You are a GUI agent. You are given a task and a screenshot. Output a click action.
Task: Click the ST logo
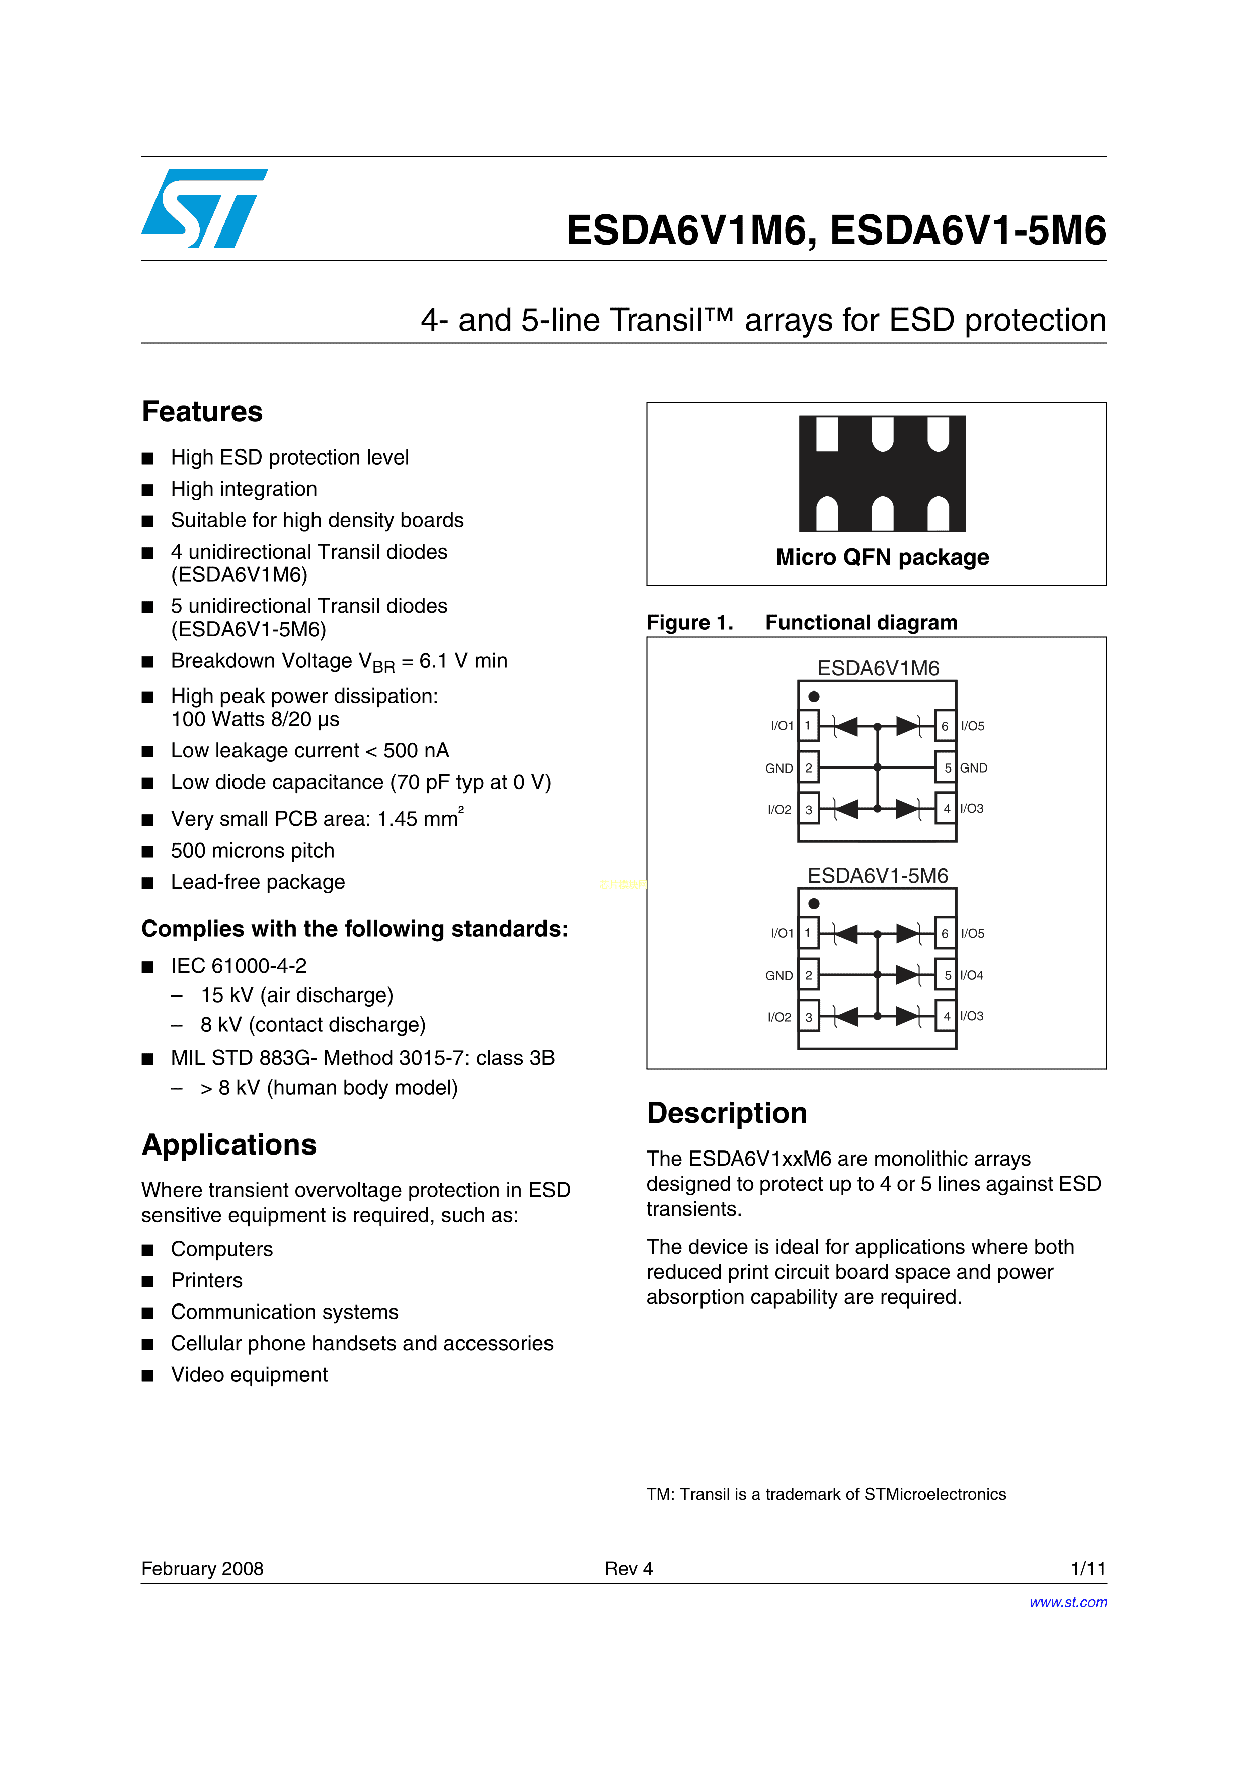(x=204, y=208)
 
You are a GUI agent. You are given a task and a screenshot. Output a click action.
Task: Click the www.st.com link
(x=1067, y=1602)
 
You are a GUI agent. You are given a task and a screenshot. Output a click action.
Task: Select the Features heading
(x=202, y=412)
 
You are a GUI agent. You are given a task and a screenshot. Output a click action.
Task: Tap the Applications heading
(x=229, y=1144)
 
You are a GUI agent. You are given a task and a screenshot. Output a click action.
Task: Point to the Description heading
(x=727, y=1113)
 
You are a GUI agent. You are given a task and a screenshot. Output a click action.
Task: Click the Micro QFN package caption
(x=882, y=557)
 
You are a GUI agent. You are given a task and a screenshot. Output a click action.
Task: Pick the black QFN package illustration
(x=882, y=473)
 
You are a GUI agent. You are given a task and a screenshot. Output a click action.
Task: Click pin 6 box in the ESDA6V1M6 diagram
(x=945, y=725)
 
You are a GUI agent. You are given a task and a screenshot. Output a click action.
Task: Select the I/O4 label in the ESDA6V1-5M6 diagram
(x=972, y=975)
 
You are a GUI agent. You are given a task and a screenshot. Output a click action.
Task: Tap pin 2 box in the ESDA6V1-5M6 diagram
(x=808, y=975)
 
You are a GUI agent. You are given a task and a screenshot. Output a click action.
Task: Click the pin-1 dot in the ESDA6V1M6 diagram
(x=814, y=696)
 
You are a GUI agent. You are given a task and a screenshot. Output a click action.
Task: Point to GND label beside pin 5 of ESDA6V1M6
(x=973, y=767)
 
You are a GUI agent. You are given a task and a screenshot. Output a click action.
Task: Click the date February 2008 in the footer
(x=202, y=1568)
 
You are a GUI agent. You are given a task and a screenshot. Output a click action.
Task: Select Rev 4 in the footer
(x=628, y=1568)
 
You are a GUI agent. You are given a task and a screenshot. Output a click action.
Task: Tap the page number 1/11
(x=1088, y=1568)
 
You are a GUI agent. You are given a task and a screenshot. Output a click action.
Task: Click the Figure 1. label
(x=690, y=622)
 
